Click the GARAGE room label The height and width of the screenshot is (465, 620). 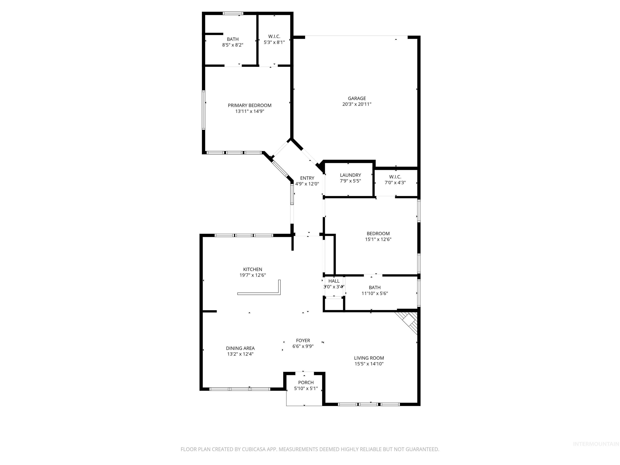click(x=357, y=98)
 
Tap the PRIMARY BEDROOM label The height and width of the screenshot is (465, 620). click(x=249, y=105)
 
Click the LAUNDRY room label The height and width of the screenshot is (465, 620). click(x=350, y=175)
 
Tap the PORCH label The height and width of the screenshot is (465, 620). click(x=306, y=383)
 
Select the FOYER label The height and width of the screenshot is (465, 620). click(x=303, y=340)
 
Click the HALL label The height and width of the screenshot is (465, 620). click(x=334, y=281)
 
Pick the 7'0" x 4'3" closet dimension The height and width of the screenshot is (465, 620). click(x=395, y=183)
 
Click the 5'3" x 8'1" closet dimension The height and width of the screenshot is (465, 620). click(x=274, y=42)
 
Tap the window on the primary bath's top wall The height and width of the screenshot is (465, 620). click(x=233, y=13)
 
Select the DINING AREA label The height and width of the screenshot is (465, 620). click(x=240, y=348)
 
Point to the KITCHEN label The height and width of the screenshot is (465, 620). click(x=252, y=269)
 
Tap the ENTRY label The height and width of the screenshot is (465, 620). click(x=307, y=178)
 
